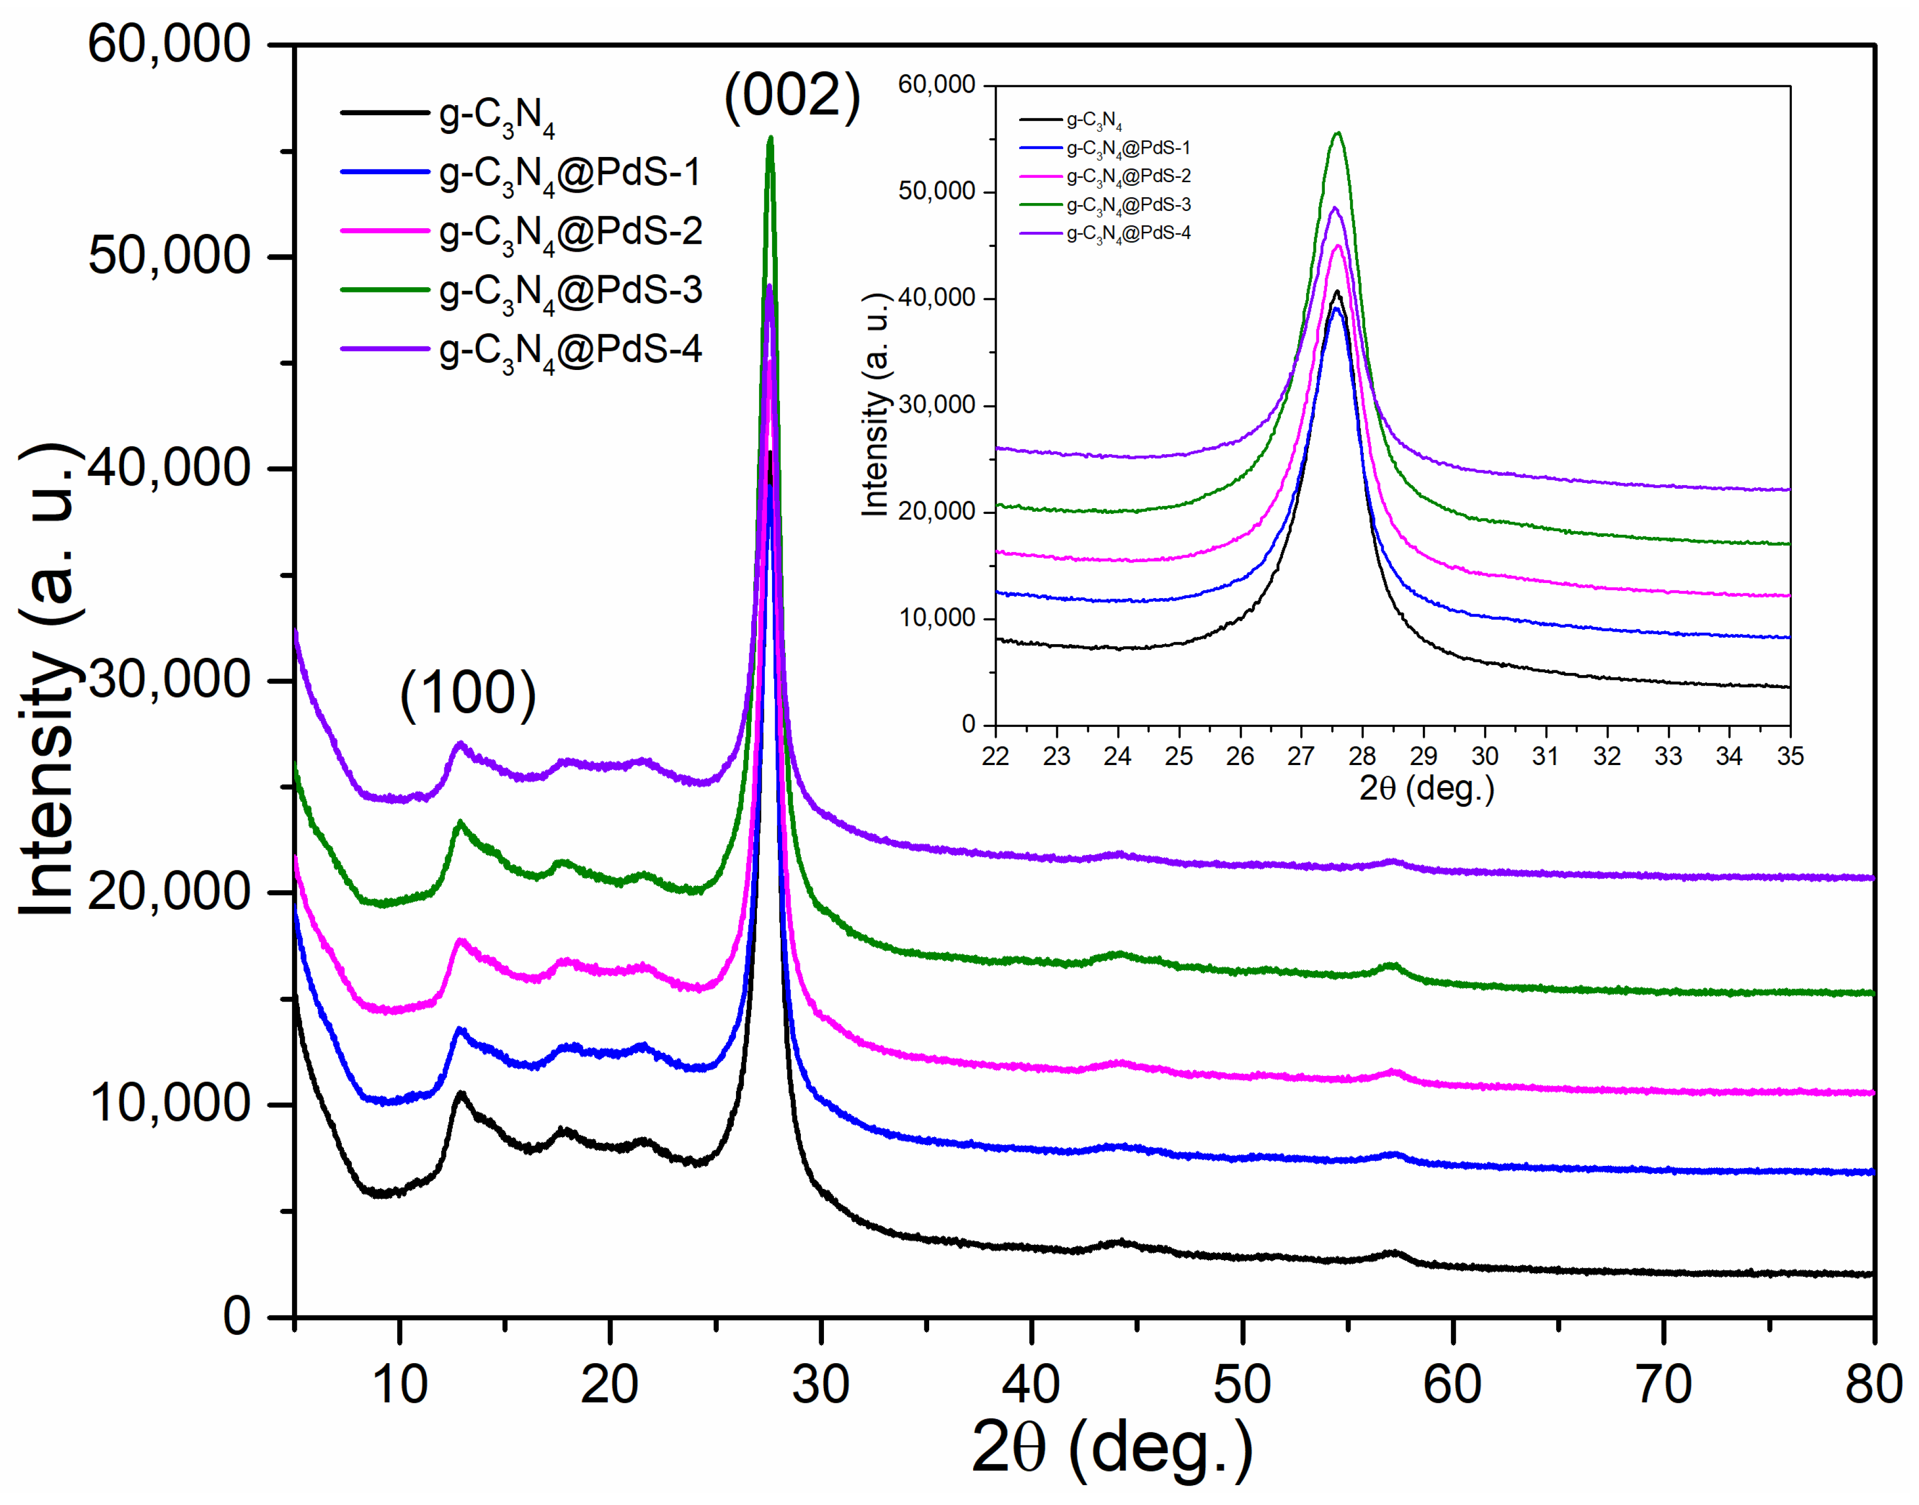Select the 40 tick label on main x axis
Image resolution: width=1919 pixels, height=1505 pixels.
click(1031, 1384)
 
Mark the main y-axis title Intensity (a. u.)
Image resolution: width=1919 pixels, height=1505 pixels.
click(49, 680)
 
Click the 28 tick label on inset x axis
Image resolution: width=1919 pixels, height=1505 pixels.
click(1362, 756)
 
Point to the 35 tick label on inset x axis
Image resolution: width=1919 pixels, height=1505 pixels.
click(1789, 756)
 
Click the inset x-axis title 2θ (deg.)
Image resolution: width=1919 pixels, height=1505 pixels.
click(1426, 788)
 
